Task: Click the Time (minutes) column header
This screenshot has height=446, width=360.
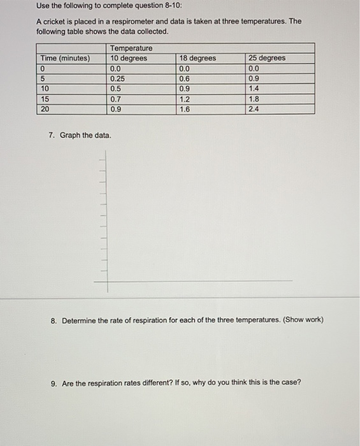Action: (65, 59)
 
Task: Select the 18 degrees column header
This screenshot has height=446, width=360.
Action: (198, 59)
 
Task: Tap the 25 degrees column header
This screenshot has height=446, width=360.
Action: (267, 59)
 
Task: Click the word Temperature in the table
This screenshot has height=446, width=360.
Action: (131, 48)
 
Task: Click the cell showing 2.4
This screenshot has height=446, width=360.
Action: (254, 109)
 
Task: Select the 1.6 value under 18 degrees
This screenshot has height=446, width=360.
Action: (185, 109)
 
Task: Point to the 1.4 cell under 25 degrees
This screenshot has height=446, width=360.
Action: (254, 89)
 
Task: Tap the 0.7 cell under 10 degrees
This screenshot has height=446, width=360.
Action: (115, 99)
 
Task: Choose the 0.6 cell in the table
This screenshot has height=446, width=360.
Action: (185, 79)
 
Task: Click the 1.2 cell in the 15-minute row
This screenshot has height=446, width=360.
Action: (185, 99)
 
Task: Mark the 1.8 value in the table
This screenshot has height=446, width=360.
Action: (254, 99)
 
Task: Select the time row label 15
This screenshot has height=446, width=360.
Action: (44, 99)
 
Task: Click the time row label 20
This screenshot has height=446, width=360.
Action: (45, 109)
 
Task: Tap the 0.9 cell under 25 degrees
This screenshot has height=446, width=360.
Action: (254, 79)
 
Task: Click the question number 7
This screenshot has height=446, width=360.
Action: (51, 136)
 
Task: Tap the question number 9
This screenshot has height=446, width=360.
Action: (54, 383)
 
